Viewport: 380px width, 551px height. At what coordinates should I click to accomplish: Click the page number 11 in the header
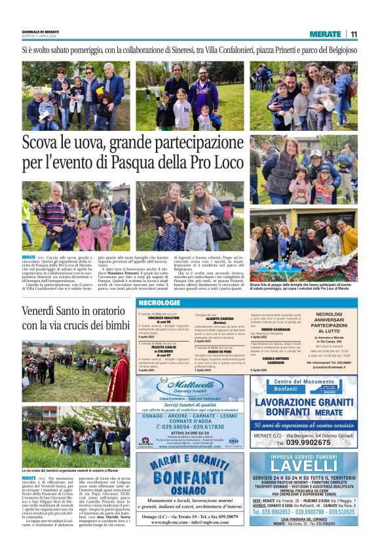pos(354,34)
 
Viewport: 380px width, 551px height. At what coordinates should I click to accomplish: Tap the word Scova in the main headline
pos(43,143)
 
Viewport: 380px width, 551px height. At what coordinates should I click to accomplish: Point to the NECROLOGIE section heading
pos(159,303)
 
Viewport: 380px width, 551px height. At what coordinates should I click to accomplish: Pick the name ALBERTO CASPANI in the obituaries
pos(218,317)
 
